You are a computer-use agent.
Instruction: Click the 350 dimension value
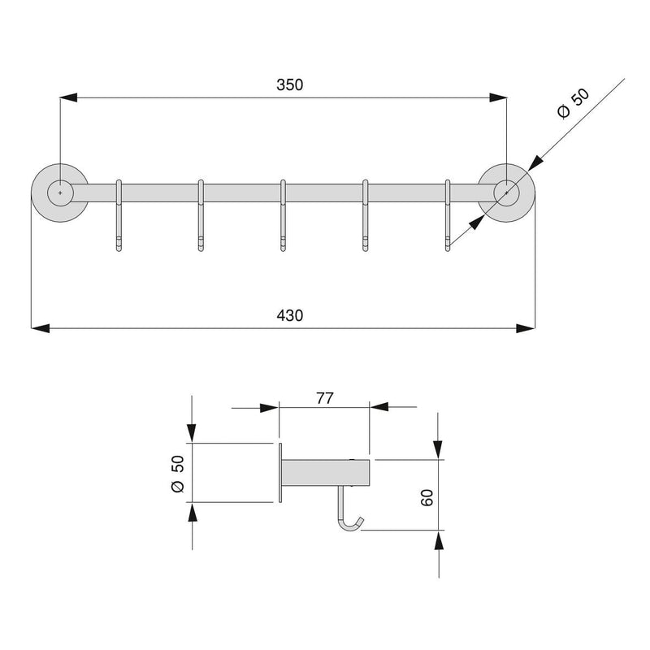pyautogui.click(x=290, y=84)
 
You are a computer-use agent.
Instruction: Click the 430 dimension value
pyautogui.click(x=290, y=315)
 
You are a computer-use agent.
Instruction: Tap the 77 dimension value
pyautogui.click(x=324, y=398)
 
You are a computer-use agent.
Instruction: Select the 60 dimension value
pyautogui.click(x=427, y=497)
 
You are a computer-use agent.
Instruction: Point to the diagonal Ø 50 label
pyautogui.click(x=574, y=104)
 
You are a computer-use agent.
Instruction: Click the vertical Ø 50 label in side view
pyautogui.click(x=177, y=474)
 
